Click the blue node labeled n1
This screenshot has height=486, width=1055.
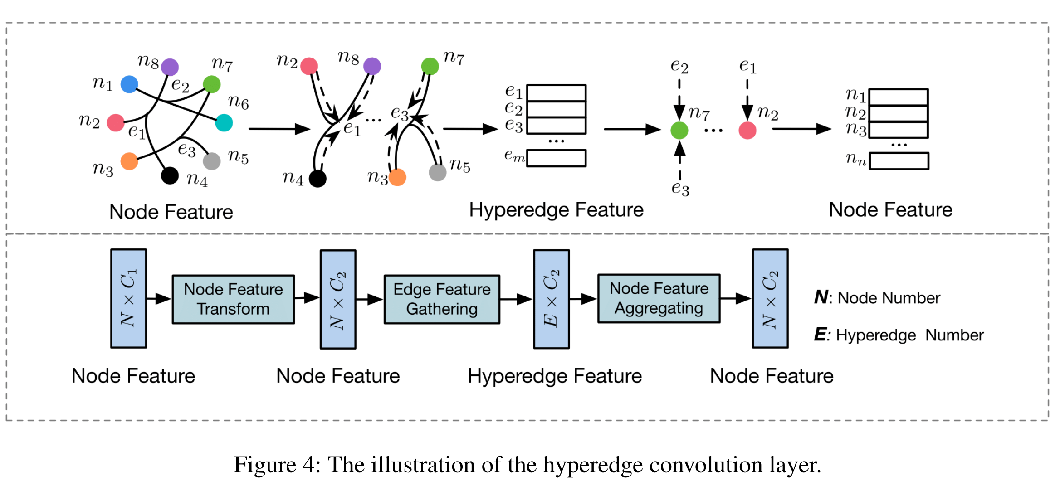click(129, 84)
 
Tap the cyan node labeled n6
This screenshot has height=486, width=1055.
click(224, 122)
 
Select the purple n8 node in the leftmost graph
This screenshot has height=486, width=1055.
click(170, 67)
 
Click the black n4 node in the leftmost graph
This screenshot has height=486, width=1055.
click(170, 175)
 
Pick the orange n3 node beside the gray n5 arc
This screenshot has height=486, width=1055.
click(398, 177)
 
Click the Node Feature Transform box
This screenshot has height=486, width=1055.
click(233, 299)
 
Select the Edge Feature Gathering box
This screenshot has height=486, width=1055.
click(442, 299)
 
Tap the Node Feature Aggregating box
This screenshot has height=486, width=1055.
click(659, 298)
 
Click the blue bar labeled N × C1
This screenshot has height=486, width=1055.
click(128, 298)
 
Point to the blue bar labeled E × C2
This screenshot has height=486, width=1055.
click(551, 299)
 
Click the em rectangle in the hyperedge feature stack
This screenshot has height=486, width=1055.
click(556, 158)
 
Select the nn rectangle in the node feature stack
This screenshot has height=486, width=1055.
click(899, 161)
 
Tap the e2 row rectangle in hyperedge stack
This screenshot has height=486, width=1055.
click(556, 109)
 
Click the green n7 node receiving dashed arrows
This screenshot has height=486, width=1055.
click(679, 131)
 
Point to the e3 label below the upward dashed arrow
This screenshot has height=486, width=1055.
click(680, 188)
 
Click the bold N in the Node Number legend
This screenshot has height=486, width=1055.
click(821, 297)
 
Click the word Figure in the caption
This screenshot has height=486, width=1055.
click(264, 465)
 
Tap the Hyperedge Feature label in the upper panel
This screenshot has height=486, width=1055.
click(556, 210)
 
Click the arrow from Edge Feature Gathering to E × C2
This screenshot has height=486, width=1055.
click(516, 299)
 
